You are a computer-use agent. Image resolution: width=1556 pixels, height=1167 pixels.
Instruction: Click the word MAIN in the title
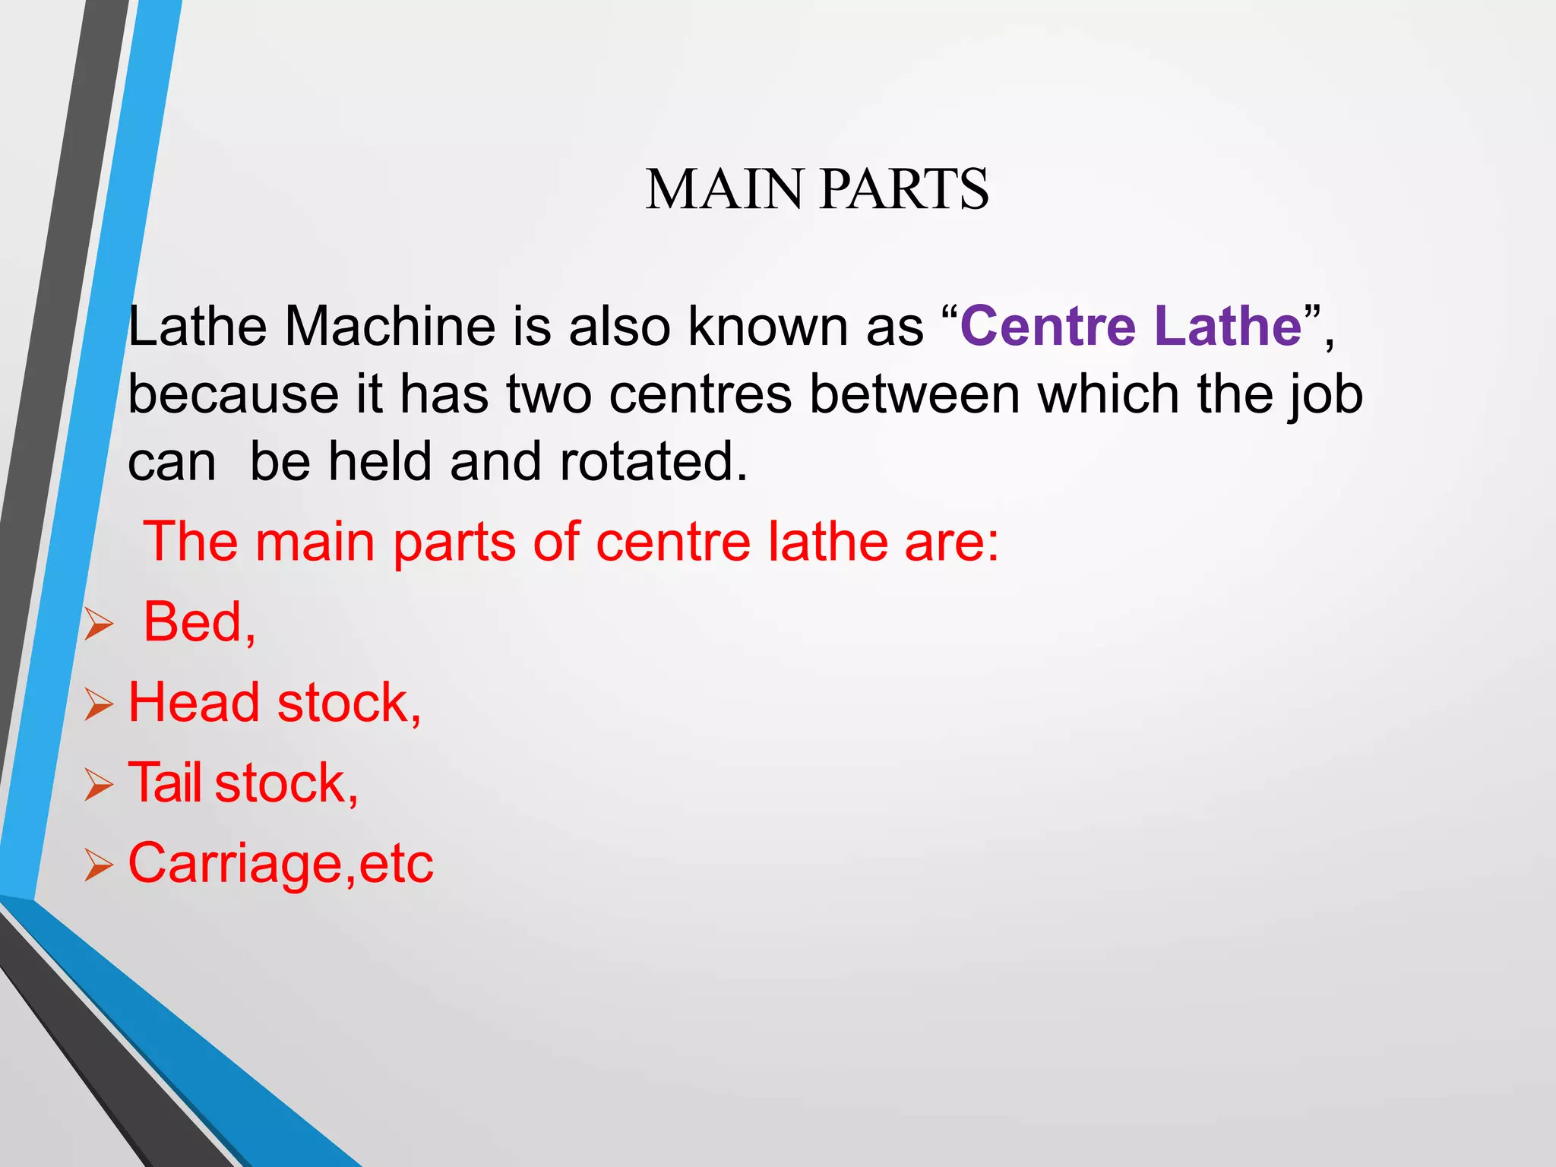pos(724,189)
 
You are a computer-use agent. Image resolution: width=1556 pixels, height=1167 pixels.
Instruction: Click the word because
pos(232,394)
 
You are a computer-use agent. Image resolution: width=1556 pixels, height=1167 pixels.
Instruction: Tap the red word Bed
pos(194,621)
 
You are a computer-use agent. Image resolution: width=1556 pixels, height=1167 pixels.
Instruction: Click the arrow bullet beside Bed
pos(99,625)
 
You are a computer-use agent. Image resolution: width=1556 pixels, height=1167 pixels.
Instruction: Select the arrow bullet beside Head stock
pos(99,705)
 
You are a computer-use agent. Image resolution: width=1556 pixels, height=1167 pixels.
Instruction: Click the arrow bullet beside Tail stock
pos(99,785)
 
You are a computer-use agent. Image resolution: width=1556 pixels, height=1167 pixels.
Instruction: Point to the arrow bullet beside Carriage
pos(99,865)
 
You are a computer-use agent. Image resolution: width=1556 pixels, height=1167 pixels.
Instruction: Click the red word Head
pos(194,702)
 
